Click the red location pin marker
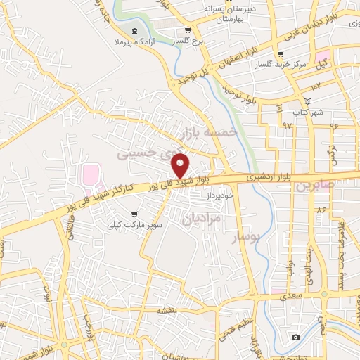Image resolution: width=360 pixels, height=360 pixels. (x=181, y=166)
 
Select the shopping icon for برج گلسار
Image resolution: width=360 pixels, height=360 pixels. (x=187, y=30)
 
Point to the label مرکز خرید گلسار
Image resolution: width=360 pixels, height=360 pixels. (x=282, y=64)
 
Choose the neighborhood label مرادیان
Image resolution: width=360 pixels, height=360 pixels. (x=202, y=219)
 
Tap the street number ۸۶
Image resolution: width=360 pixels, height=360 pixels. (x=322, y=210)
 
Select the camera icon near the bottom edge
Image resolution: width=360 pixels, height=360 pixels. (x=295, y=337)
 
